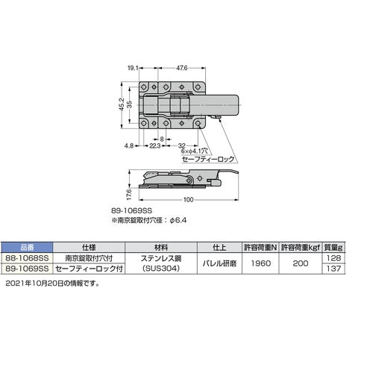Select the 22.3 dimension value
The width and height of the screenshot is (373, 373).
tap(154, 146)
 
